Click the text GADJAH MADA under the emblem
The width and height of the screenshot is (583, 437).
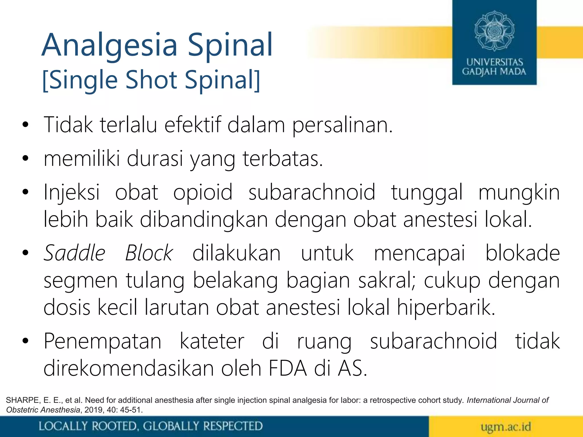click(x=494, y=72)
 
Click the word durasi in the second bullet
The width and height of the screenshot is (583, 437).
click(x=155, y=159)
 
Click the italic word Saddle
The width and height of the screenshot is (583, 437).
click(x=75, y=253)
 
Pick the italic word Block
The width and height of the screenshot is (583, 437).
click(x=149, y=253)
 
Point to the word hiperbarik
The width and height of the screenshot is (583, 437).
click(x=446, y=308)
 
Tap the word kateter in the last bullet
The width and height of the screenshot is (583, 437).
click(x=212, y=341)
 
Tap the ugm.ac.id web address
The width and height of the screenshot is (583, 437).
click(x=506, y=427)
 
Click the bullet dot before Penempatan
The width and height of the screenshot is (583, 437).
click(x=25, y=341)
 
